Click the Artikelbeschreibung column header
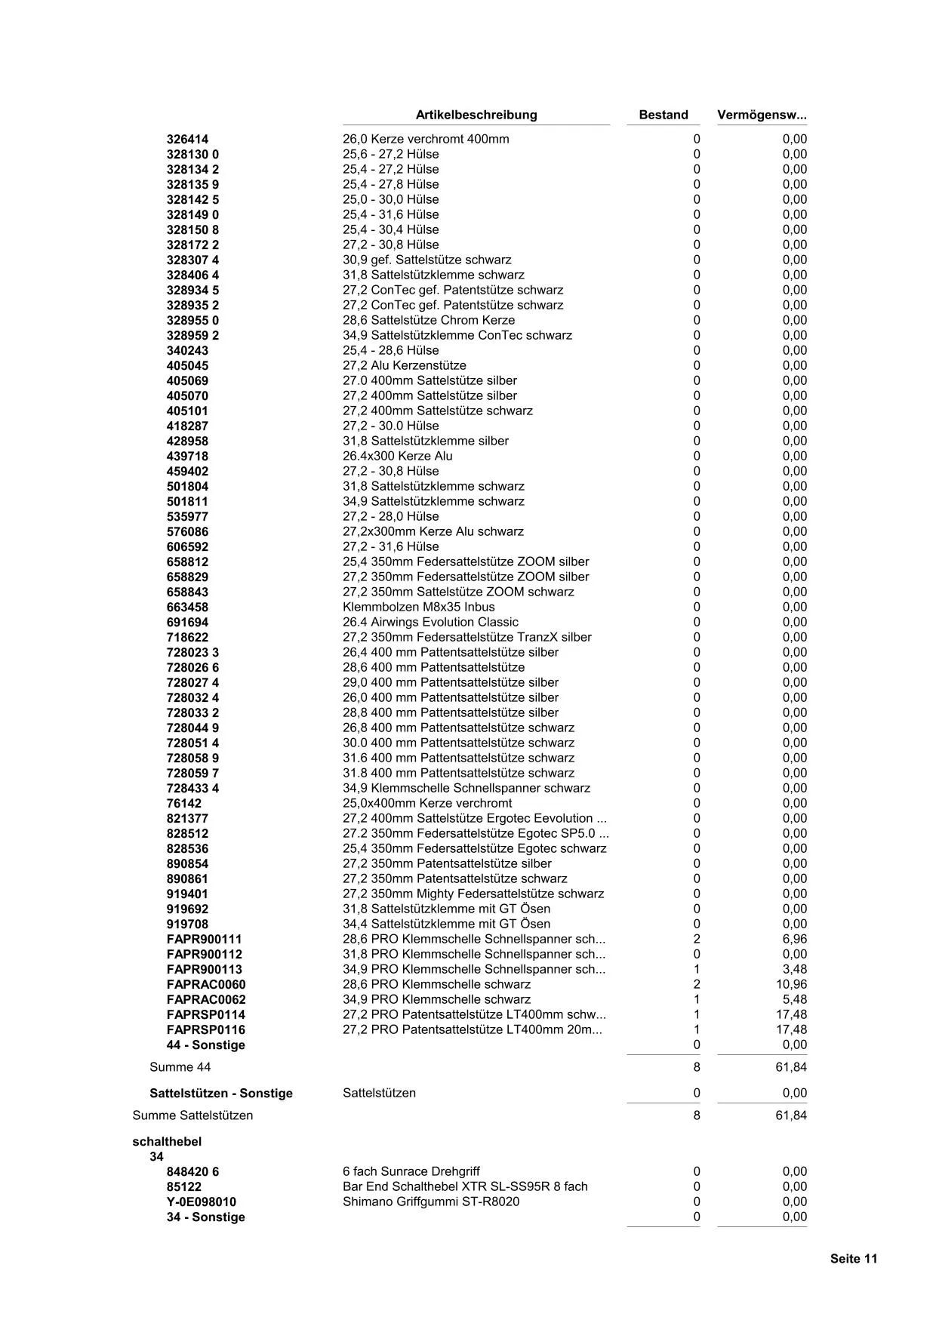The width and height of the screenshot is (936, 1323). (x=476, y=115)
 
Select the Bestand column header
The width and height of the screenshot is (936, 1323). (x=664, y=115)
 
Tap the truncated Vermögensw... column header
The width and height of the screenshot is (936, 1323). (x=762, y=115)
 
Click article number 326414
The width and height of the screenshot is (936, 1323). (x=187, y=139)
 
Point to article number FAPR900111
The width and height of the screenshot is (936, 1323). (x=204, y=939)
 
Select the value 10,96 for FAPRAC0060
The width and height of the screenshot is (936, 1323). (x=791, y=984)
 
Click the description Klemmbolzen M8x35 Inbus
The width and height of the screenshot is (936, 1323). (x=419, y=607)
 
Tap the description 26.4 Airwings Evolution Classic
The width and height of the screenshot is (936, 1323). (x=430, y=622)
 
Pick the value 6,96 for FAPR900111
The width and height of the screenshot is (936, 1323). (x=794, y=939)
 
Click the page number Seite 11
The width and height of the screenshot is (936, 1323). (x=854, y=1258)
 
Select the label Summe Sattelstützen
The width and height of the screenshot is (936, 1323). (x=192, y=1115)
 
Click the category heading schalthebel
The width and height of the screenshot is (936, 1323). (x=167, y=1141)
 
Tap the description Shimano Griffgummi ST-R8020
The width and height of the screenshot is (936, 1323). (x=431, y=1201)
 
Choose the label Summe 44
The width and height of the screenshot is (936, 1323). (x=180, y=1066)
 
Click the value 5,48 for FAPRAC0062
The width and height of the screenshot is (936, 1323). (x=794, y=999)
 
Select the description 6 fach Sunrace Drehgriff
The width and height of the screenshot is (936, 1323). (x=411, y=1171)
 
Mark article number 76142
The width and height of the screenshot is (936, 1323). (x=184, y=803)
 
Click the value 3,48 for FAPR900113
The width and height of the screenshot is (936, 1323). (x=794, y=969)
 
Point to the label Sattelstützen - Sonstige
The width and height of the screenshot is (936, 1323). (x=221, y=1093)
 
